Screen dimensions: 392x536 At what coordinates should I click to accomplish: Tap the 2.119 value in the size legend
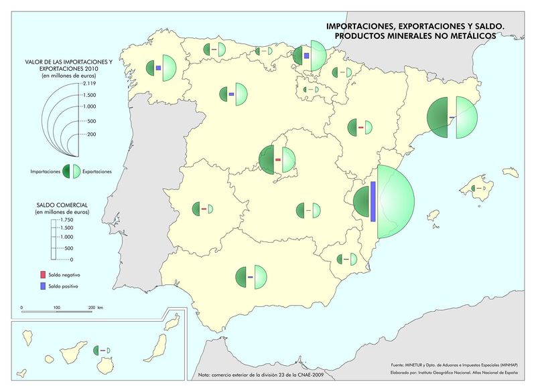tap(89, 84)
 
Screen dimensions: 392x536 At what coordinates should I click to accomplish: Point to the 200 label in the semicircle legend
tap(91, 134)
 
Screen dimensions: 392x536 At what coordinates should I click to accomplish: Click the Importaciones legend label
tap(46, 172)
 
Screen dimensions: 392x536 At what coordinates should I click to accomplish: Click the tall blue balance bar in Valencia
tap(373, 201)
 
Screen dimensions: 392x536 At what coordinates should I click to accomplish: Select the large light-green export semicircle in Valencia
tap(395, 201)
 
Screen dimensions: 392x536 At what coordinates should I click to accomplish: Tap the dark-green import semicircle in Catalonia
tap(439, 118)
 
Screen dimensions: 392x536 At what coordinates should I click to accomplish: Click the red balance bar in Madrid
tap(277, 160)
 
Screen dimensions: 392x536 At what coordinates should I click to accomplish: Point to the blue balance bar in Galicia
tap(157, 68)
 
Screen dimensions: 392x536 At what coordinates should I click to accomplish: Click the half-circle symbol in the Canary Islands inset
tap(103, 350)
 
